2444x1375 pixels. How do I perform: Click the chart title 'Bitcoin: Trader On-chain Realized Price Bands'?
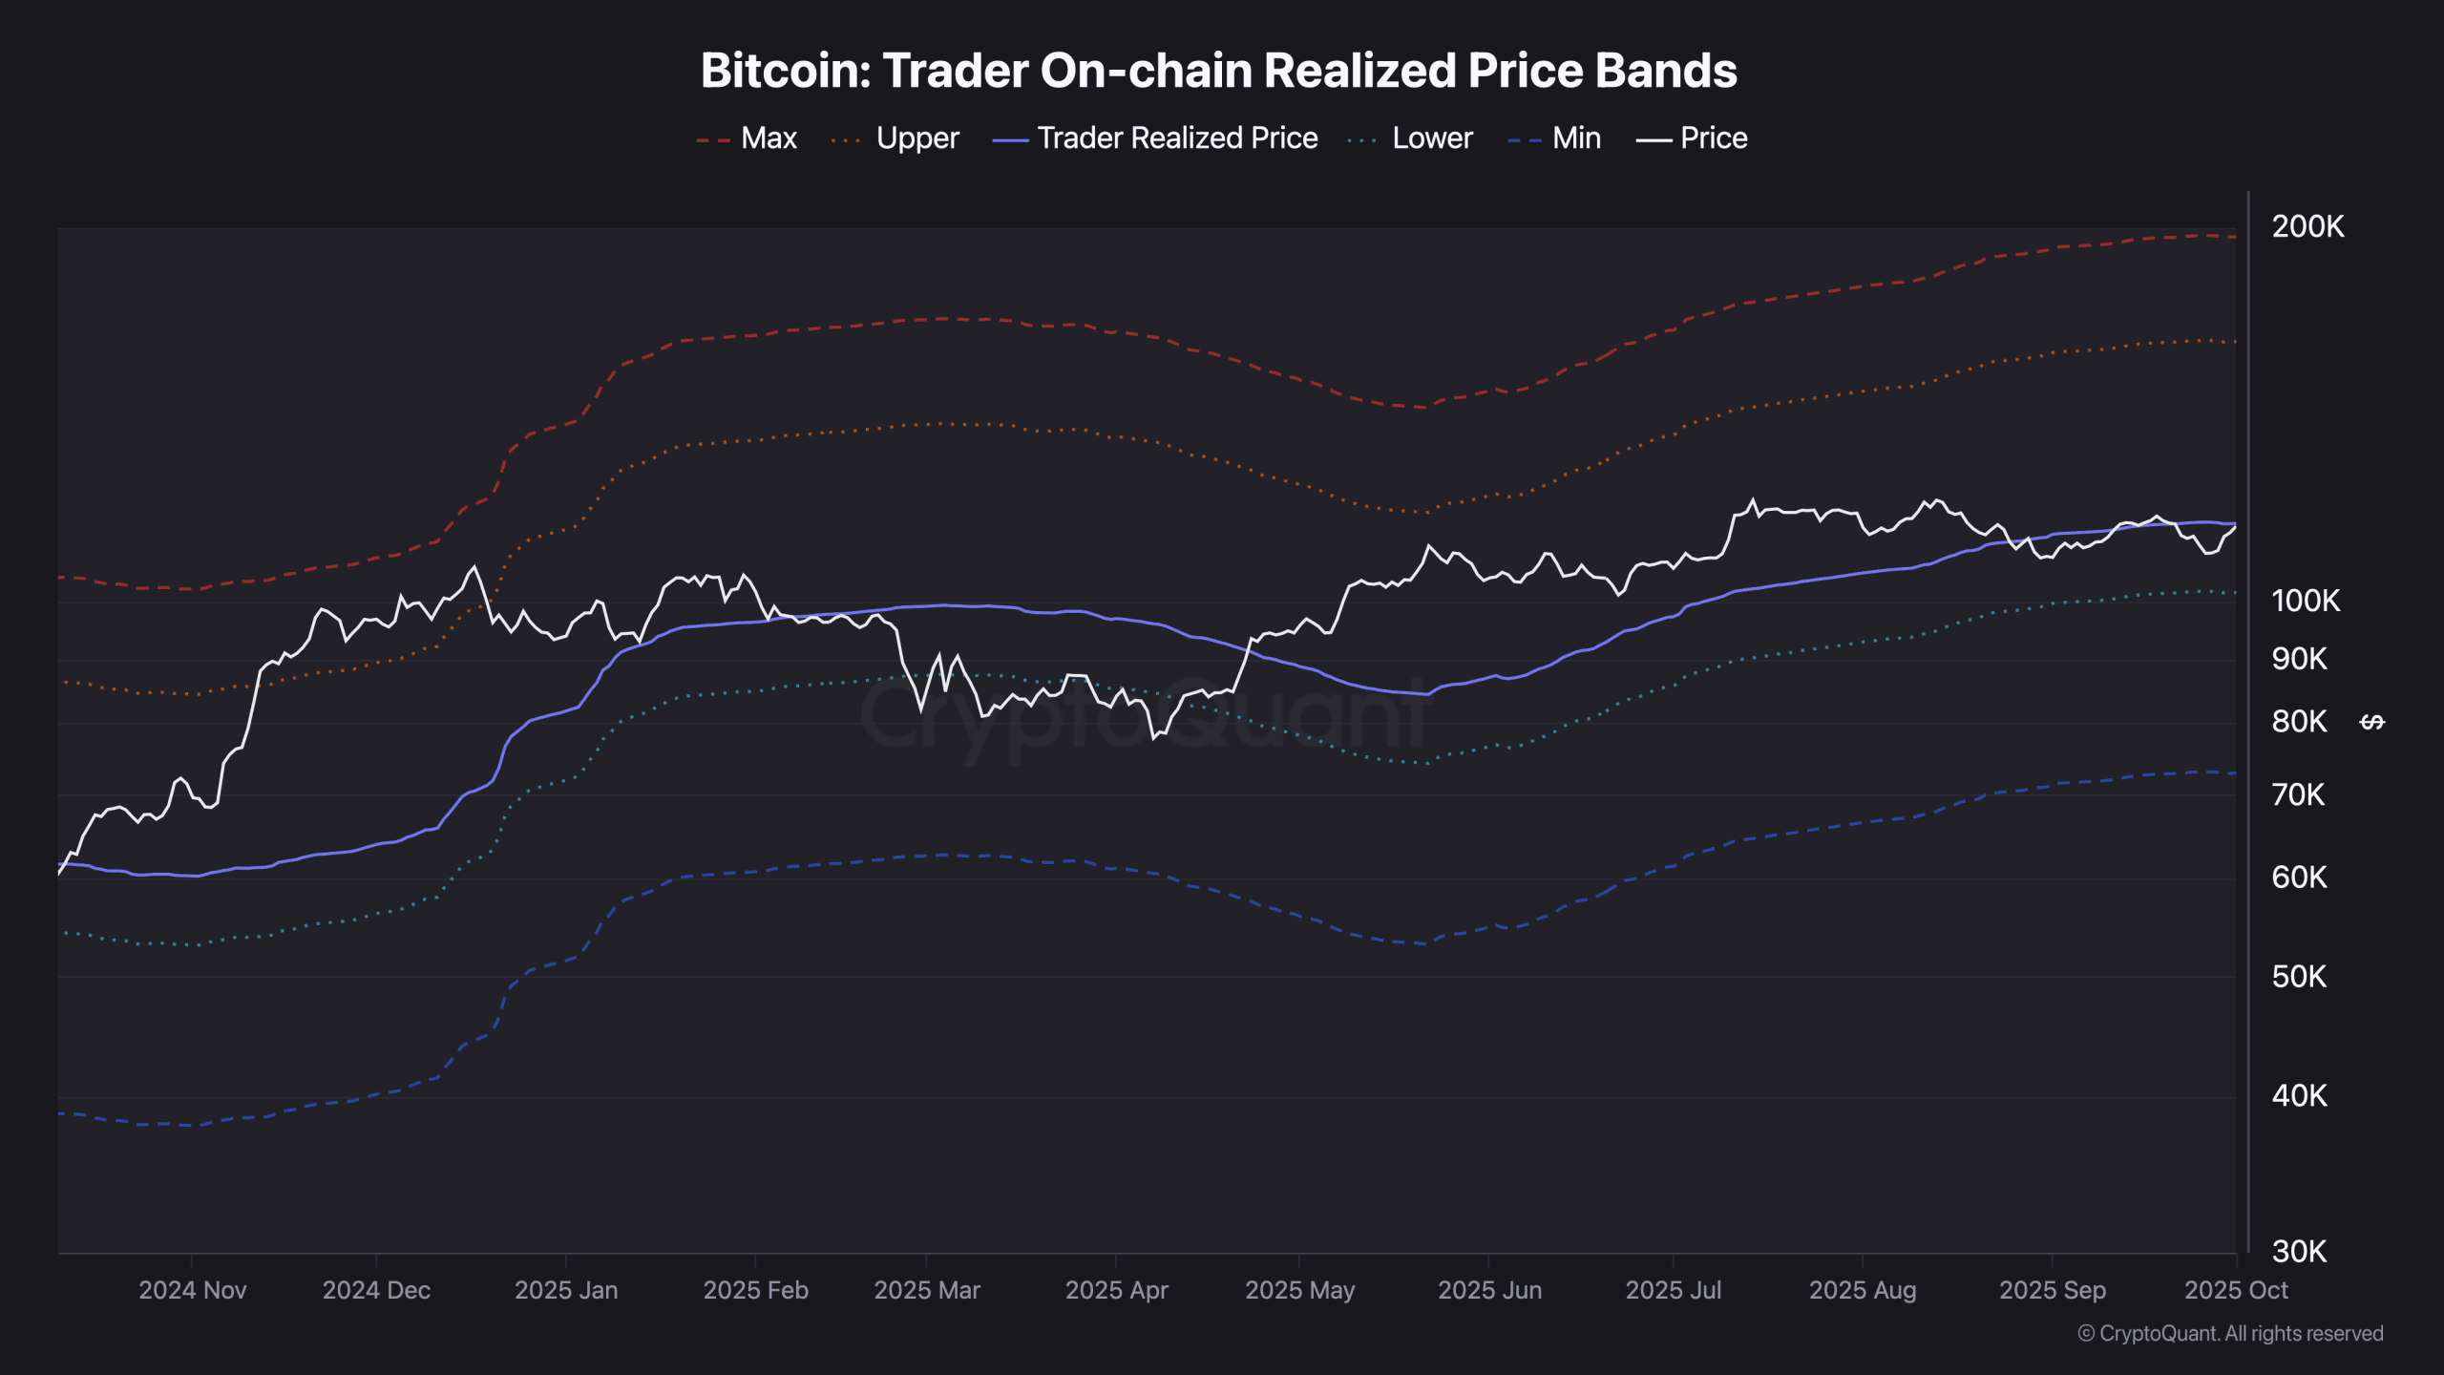pos(1219,71)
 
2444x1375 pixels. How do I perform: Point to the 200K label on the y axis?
pos(2307,227)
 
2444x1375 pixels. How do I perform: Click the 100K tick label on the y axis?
pos(2306,602)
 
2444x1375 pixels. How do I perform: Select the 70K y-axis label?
pos(2298,795)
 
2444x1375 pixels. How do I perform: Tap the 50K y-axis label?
pos(2299,977)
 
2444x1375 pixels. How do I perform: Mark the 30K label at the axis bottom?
pos(2299,1252)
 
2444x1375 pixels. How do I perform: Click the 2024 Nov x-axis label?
pos(193,1291)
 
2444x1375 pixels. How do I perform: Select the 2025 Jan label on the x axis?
pos(566,1291)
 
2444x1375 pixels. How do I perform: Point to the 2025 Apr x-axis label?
pos(1116,1291)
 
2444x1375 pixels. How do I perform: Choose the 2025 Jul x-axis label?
pos(1673,1291)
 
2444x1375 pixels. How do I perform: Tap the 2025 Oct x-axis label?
pos(2236,1291)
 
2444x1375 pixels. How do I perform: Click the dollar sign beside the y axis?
pos(2372,723)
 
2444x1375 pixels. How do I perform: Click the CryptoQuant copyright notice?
pos(2230,1334)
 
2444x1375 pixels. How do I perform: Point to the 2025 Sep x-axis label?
pos(2053,1291)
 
